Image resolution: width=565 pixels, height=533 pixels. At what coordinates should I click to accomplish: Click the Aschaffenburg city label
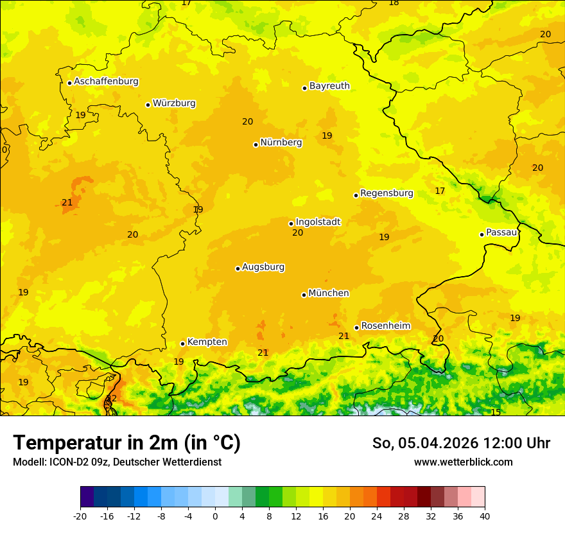tap(106, 82)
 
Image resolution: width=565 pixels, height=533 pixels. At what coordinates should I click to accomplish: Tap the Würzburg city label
tap(174, 103)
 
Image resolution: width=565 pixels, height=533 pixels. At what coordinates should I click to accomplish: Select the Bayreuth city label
tap(329, 86)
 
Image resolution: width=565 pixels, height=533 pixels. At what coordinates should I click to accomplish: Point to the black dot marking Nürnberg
tap(256, 144)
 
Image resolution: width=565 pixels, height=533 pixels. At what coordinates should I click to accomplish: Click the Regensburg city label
tap(387, 193)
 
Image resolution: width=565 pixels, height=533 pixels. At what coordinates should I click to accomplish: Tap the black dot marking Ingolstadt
tap(291, 224)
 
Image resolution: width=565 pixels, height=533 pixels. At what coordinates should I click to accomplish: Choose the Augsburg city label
tap(263, 267)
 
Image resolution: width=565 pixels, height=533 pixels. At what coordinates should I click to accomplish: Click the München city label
tap(329, 293)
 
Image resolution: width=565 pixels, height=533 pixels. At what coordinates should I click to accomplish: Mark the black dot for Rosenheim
tap(356, 328)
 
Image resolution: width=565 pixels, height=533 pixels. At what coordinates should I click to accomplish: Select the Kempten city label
tap(207, 342)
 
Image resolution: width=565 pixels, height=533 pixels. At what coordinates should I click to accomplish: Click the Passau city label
tap(501, 232)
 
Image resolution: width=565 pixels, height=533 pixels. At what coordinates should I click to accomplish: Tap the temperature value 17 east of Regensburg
tap(440, 191)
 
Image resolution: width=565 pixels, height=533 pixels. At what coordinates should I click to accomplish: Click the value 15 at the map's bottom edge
tap(496, 412)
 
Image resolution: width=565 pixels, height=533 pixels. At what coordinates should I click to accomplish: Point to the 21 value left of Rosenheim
tap(344, 336)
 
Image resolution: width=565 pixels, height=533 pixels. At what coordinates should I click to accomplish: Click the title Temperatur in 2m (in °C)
tap(126, 442)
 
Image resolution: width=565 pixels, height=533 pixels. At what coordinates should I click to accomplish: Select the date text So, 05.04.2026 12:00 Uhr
tap(461, 443)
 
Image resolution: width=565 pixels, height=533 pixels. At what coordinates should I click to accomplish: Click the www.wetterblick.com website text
tap(463, 462)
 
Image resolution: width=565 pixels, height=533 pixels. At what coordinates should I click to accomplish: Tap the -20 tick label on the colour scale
tap(80, 516)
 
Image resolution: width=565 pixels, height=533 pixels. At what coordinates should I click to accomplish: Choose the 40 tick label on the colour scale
tap(485, 516)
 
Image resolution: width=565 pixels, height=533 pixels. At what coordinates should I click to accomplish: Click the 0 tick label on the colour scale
tap(215, 516)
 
